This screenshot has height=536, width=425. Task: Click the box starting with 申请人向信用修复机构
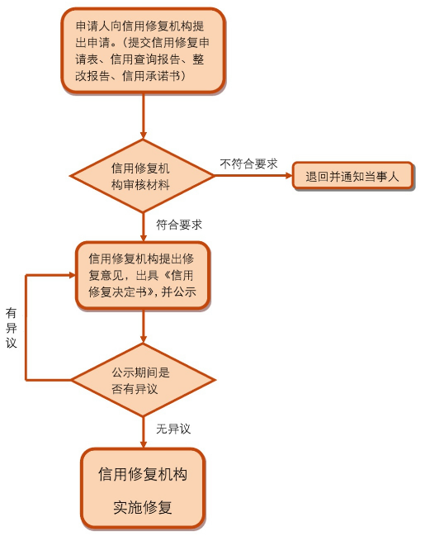[143, 50]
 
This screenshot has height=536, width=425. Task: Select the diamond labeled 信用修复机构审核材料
[142, 176]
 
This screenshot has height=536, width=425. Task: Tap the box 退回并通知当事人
[353, 176]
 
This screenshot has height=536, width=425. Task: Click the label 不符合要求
[248, 164]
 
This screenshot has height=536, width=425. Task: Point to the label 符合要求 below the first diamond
[179, 225]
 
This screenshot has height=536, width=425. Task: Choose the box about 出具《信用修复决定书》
[143, 276]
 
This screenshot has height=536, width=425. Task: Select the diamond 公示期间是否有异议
[143, 379]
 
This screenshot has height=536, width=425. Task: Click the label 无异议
[173, 429]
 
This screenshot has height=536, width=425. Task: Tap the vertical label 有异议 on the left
[12, 328]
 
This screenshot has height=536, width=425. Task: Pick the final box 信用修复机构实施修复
[143, 488]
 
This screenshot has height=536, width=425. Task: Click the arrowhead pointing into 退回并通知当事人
[289, 176]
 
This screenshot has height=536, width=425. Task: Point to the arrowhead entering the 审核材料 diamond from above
[143, 135]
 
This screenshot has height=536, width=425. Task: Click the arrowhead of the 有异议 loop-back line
[72, 275]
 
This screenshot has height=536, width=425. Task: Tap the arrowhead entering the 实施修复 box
[143, 444]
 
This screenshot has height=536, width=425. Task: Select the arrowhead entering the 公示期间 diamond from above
[143, 339]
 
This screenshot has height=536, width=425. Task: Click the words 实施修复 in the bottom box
[143, 506]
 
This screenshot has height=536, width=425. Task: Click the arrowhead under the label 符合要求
[143, 238]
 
